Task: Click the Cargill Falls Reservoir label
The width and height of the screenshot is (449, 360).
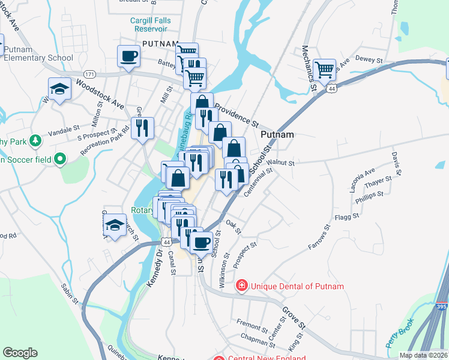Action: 150,25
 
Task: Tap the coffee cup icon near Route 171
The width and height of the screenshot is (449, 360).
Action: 129,56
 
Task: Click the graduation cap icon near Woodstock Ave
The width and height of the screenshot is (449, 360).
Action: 59,89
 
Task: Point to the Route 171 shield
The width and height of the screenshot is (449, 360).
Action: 89,74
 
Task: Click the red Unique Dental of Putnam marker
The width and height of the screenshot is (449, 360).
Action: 241,286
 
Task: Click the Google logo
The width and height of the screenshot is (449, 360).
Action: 20,353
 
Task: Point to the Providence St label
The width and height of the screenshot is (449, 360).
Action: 236,114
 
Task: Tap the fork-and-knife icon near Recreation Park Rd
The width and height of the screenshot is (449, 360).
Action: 142,127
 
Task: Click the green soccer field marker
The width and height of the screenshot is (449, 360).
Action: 59,159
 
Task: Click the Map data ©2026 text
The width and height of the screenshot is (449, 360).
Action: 423,355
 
